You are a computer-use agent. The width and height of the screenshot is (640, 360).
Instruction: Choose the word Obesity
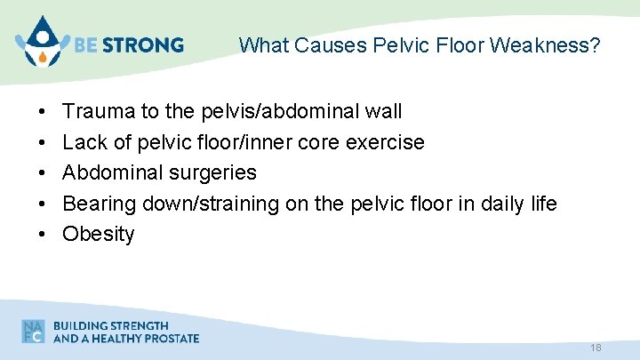99,234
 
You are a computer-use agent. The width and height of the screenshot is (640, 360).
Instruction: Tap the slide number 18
596,348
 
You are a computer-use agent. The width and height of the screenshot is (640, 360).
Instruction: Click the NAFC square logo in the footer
33,332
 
